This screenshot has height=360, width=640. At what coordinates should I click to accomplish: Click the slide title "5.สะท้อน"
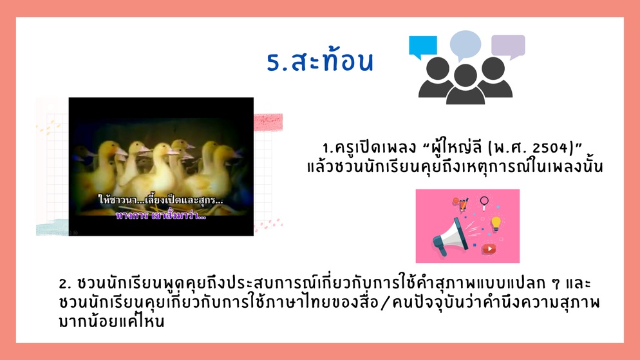320,61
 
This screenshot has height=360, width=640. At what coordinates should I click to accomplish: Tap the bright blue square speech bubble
423,46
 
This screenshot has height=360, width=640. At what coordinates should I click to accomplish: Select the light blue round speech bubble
466,45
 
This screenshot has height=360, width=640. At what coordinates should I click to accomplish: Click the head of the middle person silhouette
466,75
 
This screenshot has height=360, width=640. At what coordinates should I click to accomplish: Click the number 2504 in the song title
551,147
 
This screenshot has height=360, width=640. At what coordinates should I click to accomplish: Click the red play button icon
489,249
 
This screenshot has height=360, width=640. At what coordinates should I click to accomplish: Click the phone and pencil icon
462,204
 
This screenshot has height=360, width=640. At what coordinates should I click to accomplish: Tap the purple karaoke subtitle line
161,216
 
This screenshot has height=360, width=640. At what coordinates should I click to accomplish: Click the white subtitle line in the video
161,200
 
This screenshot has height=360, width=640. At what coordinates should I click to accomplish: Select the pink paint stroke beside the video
268,122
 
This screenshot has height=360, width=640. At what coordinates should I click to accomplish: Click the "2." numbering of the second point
65,283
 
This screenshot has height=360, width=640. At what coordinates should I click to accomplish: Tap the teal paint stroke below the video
52,228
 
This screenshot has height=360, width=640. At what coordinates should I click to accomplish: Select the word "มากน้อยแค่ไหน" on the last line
111,321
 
